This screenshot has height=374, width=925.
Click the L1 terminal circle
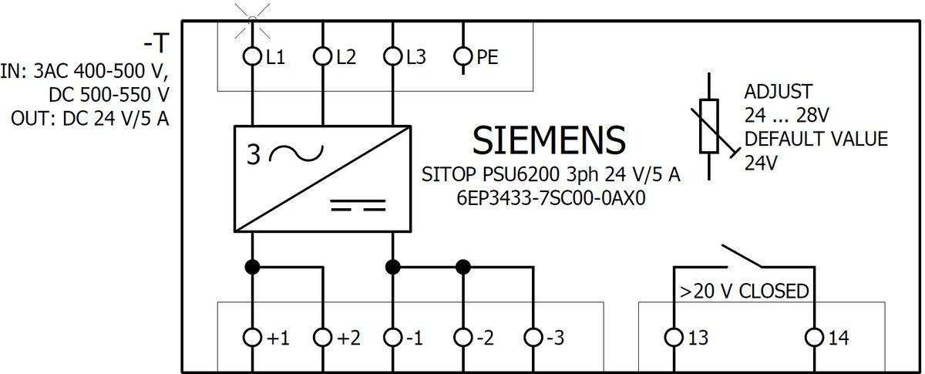[252, 56]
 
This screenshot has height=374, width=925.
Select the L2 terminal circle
[322, 56]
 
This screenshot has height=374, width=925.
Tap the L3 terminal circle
[393, 56]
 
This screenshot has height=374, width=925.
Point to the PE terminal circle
[462, 56]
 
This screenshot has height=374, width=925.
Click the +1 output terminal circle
[252, 338]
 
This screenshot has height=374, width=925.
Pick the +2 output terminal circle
[322, 338]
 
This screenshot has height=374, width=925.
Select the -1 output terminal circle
[393, 338]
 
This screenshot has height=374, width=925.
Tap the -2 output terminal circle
[462, 338]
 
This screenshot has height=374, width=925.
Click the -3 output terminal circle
[533, 338]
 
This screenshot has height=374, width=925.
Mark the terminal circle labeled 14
[814, 338]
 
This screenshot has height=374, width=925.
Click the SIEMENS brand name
[548, 140]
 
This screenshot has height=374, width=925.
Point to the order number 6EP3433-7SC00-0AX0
[550, 198]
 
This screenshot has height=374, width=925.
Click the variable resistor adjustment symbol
[710, 125]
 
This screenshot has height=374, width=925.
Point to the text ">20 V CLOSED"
[744, 291]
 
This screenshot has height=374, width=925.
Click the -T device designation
[156, 41]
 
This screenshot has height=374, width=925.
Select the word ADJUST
[777, 92]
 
